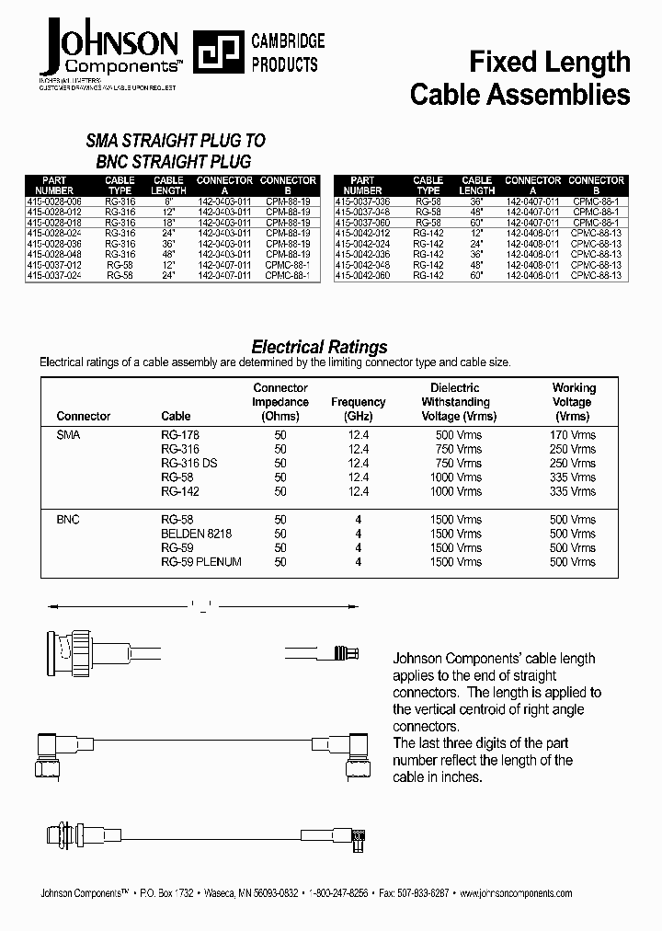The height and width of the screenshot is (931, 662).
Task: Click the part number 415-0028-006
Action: [55, 200]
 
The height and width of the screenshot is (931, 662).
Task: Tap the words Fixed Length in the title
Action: [549, 62]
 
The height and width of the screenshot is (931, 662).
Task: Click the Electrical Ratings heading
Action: [319, 347]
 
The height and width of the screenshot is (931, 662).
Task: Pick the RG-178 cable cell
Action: [179, 434]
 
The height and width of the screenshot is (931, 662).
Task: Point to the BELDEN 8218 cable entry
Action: [196, 534]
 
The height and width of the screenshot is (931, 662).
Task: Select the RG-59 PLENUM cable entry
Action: [200, 562]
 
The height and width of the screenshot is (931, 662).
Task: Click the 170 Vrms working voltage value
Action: [573, 434]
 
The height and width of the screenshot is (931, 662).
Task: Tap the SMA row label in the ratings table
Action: [69, 434]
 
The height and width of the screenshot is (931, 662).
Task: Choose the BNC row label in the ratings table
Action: [69, 520]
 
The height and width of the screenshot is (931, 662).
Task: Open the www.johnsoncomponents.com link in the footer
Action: [515, 893]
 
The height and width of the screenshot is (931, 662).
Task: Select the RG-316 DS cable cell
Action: [188, 463]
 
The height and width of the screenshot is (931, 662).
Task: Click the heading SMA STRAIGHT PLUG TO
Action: [175, 141]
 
